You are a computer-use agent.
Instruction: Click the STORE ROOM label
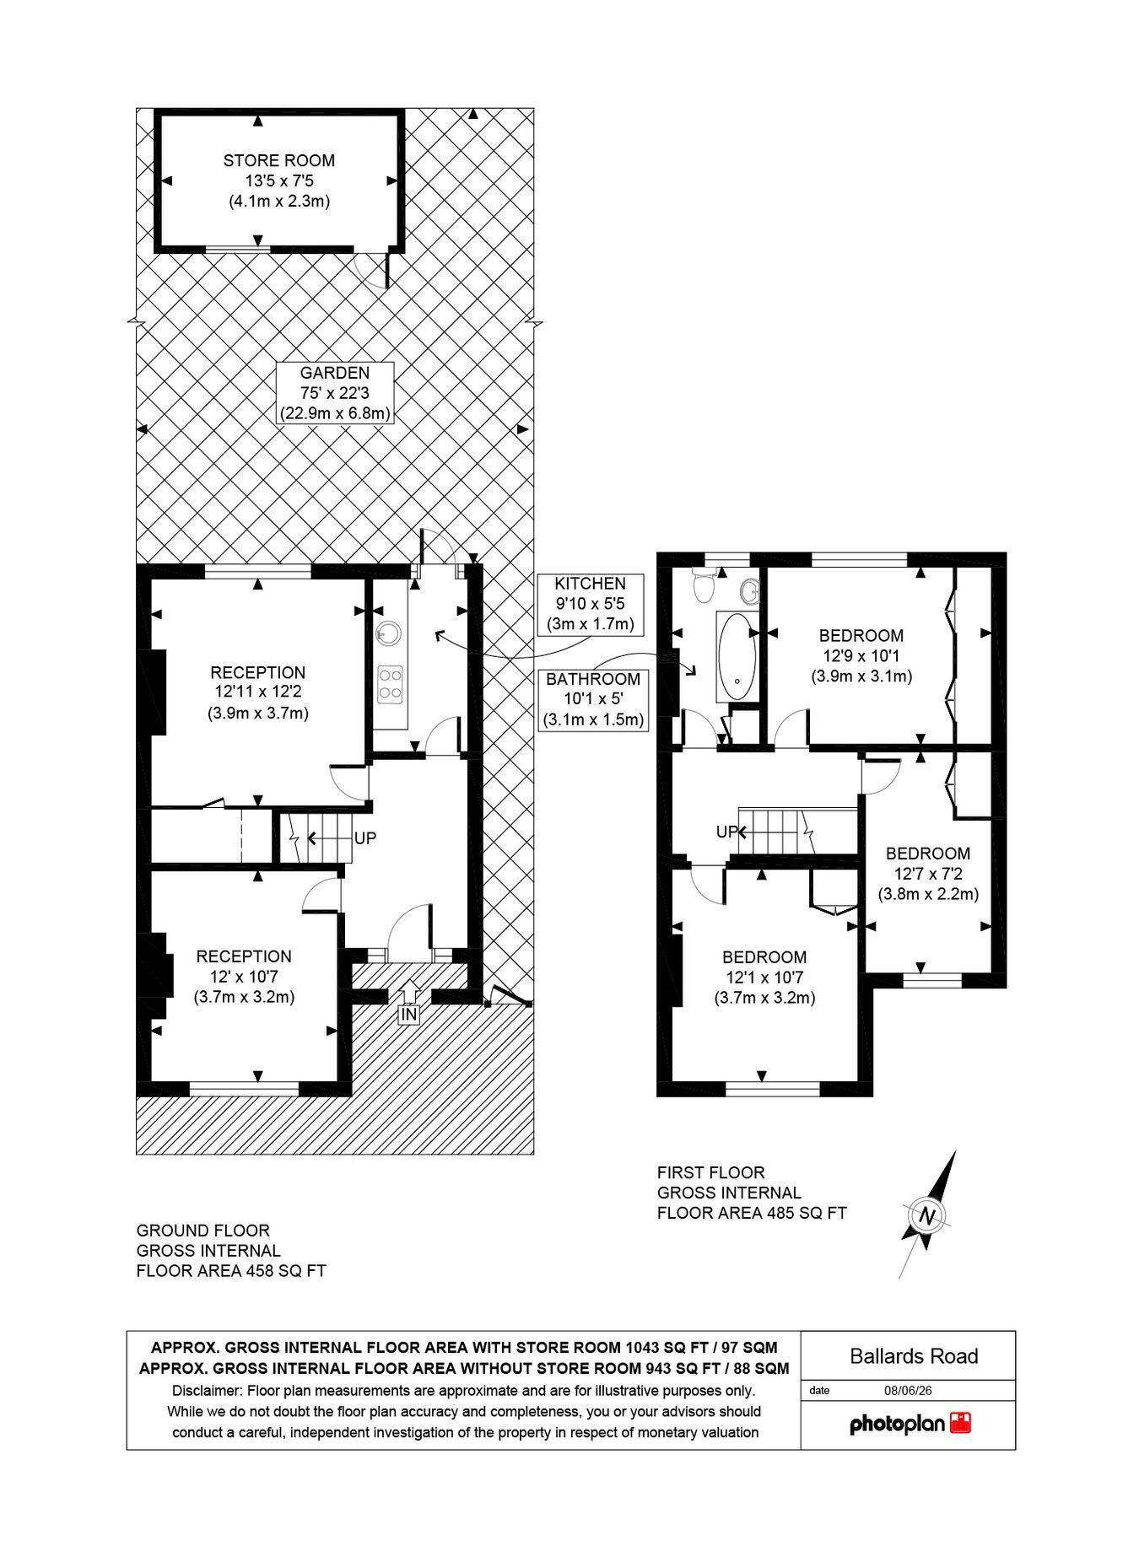point(278,160)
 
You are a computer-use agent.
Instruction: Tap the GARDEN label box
point(335,393)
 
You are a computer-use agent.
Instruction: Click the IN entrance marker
point(408,1015)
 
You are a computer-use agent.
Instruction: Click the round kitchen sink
point(389,632)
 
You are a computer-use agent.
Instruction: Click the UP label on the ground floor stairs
point(364,838)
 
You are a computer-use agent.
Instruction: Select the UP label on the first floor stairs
point(727,832)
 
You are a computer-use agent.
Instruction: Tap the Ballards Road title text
point(914,1356)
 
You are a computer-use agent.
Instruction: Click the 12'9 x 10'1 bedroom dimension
point(861,655)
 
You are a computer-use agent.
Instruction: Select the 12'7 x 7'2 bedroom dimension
point(928,873)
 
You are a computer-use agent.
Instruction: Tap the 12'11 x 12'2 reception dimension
point(257,692)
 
